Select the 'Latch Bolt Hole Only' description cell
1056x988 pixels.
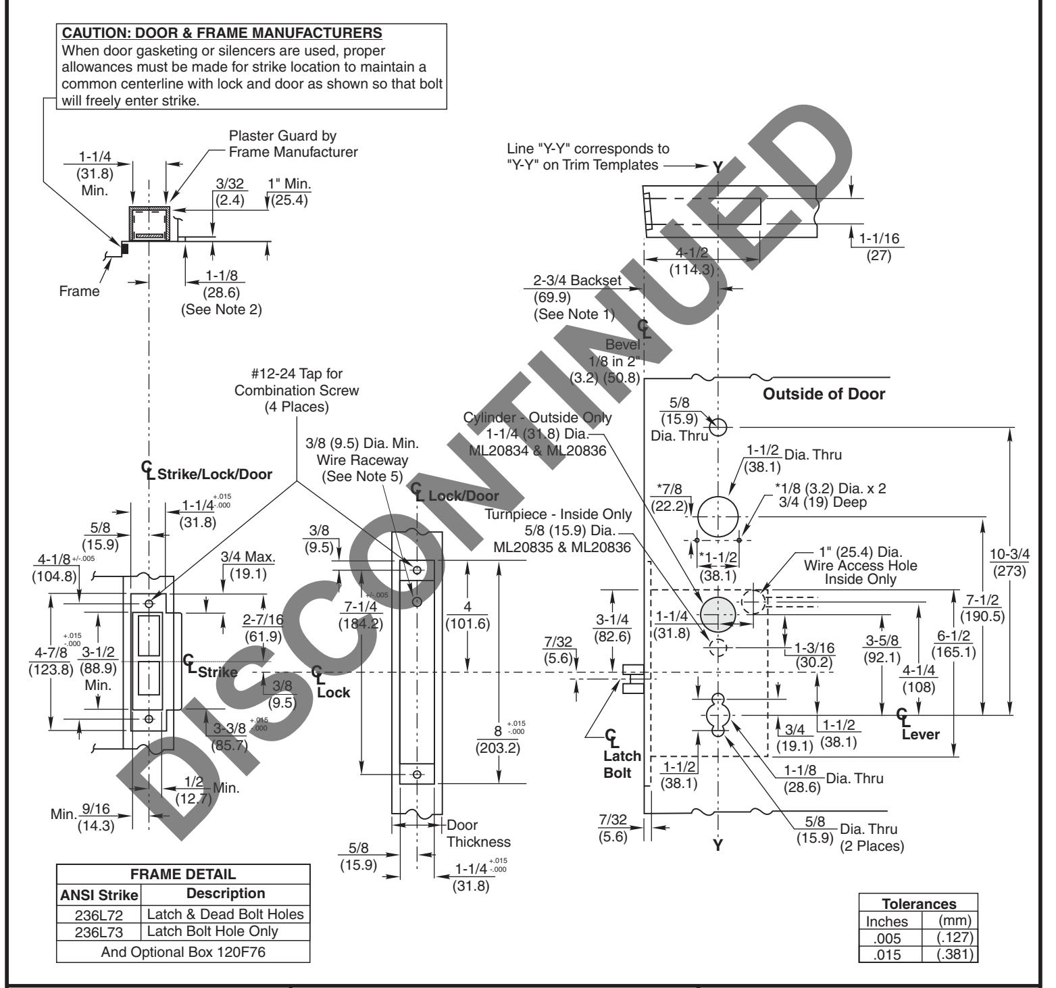(x=225, y=931)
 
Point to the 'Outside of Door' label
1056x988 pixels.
(x=823, y=394)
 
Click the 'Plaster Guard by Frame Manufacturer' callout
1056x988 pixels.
(x=293, y=143)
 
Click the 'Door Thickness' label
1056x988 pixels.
(x=478, y=833)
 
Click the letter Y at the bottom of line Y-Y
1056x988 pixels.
(x=718, y=845)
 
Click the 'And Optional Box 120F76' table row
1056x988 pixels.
(x=183, y=953)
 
